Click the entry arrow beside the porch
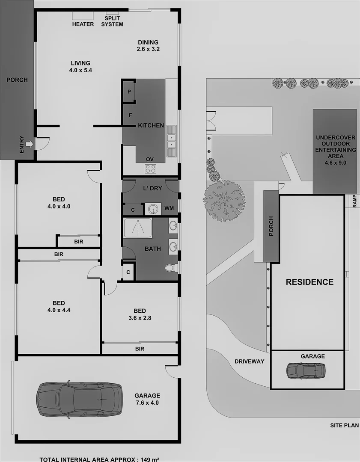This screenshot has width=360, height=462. [x=29, y=144]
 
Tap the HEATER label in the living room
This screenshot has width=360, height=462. [x=83, y=24]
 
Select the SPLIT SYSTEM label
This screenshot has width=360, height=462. [x=112, y=21]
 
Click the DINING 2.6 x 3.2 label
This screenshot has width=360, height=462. [x=148, y=45]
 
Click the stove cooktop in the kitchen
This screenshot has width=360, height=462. [x=150, y=169]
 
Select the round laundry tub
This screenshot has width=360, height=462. [x=153, y=209]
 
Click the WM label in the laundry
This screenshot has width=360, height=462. [x=170, y=209]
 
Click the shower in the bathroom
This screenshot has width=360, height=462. [x=137, y=228]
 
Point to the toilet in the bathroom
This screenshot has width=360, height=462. [x=170, y=268]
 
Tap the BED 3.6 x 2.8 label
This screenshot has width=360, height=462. [x=140, y=314]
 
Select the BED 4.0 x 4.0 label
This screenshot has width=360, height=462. [x=59, y=203]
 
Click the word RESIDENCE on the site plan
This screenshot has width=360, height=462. [x=309, y=282]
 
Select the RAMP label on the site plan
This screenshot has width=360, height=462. [x=354, y=201]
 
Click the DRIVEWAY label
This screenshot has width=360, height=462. [x=249, y=361]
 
